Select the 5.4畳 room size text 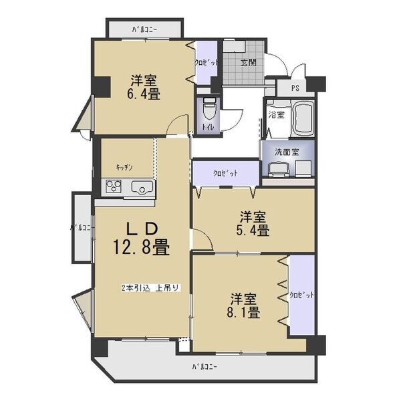(255, 231)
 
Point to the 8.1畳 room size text (246, 311)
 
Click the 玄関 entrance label (249, 62)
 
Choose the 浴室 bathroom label (276, 115)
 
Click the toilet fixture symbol (208, 106)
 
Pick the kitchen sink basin (142, 187)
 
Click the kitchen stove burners (112, 187)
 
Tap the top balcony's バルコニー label (145, 29)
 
